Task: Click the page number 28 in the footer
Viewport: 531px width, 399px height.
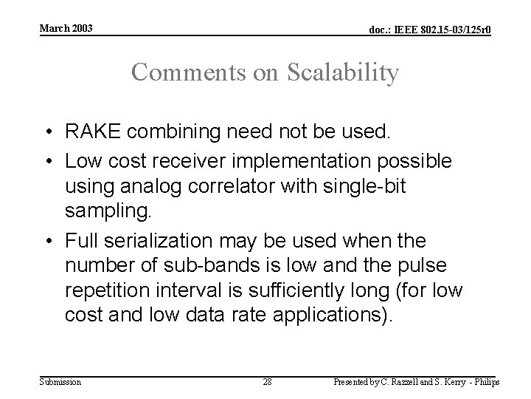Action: (267, 381)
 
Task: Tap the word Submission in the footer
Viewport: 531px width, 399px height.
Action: (60, 381)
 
